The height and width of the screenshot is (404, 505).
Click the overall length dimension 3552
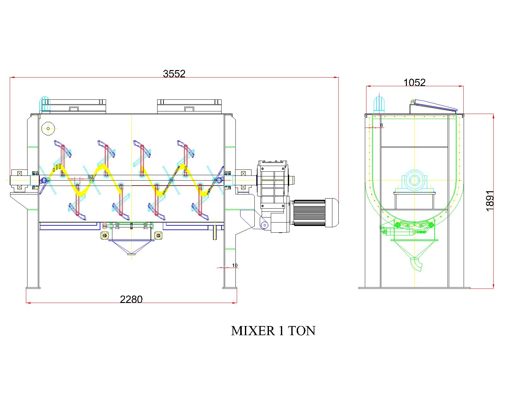(174, 74)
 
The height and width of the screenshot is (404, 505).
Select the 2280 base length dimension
(131, 299)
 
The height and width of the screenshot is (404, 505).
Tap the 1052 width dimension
(415, 82)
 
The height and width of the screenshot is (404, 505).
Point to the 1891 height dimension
(489, 201)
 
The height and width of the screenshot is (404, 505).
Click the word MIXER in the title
(253, 331)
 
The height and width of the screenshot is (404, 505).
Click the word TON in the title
(301, 331)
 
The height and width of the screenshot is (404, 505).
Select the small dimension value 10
(235, 265)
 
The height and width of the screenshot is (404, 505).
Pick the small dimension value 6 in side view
(382, 125)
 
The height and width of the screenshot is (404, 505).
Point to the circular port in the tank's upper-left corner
(48, 128)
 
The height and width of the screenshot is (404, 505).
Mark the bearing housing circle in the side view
(413, 181)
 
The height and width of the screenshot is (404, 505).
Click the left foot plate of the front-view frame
(33, 287)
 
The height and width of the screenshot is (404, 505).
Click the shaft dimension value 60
(90, 177)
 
